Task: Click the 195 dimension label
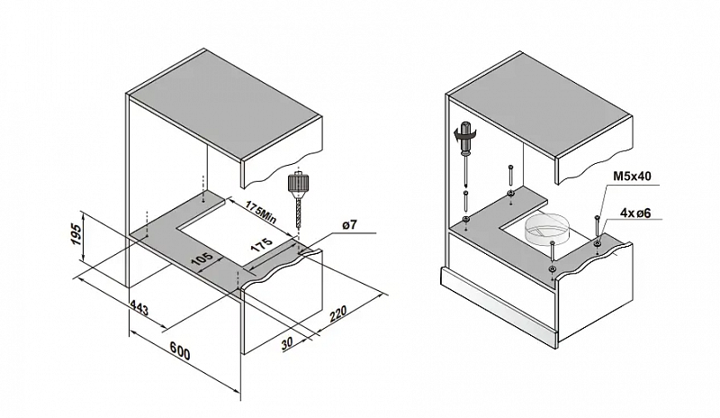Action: pos(77,236)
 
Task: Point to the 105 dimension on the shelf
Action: pos(201,261)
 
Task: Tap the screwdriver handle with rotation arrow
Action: pos(466,136)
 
